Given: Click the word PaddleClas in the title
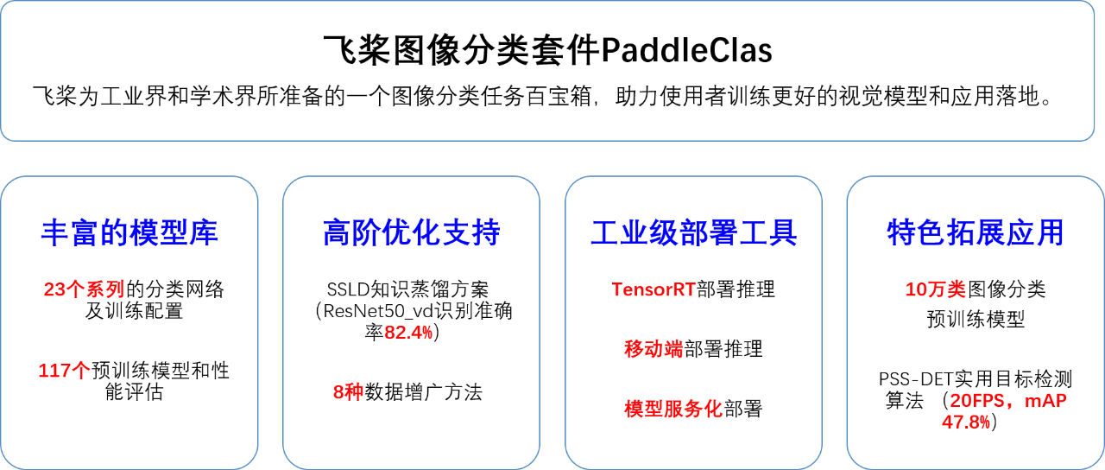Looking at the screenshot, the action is [x=686, y=50].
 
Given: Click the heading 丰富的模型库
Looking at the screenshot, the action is [x=129, y=232].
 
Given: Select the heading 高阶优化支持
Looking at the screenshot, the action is [x=412, y=232].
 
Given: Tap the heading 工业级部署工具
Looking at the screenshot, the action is [x=693, y=232].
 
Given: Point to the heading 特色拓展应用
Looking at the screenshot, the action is [x=976, y=232].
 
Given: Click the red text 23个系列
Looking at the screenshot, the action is [x=84, y=289].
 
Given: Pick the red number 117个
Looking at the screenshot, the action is [x=65, y=371].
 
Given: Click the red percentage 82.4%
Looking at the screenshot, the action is [x=408, y=333].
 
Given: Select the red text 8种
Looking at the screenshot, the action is [x=348, y=392].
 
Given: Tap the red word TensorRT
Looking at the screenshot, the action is [x=654, y=289].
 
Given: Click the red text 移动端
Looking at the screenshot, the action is [x=654, y=349].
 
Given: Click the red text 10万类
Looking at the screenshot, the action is [x=935, y=289].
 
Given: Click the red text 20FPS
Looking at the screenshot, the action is [x=976, y=400].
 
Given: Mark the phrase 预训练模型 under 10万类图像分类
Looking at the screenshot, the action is [x=976, y=320].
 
